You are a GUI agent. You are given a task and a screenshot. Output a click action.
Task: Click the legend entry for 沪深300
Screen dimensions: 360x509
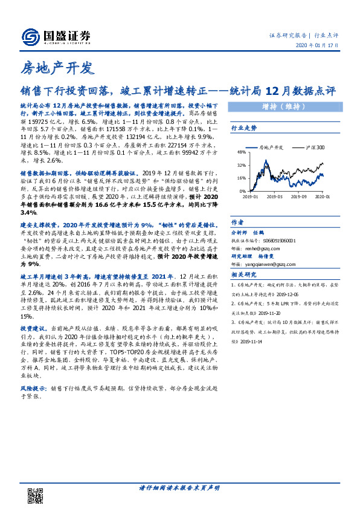[x=313, y=147]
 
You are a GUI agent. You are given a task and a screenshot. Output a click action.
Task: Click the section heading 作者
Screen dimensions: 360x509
[x=237, y=222]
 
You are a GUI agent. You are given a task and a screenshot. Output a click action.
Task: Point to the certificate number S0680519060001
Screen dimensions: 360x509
[x=280, y=239]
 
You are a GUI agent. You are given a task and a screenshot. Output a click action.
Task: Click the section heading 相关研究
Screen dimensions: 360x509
[x=244, y=274]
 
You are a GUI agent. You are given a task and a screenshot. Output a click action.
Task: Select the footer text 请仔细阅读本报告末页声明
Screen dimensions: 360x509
[x=179, y=488]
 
